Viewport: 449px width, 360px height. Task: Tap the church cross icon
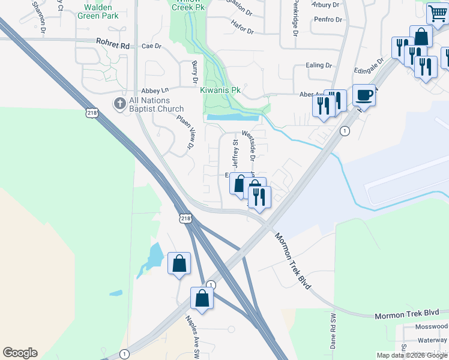tap(119, 104)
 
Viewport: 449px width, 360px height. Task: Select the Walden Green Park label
tap(99, 11)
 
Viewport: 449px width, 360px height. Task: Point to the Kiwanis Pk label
tap(220, 90)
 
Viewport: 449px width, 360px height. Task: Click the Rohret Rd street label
tap(112, 44)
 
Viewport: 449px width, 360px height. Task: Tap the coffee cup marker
tap(364, 95)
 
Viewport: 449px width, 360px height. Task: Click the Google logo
tap(20, 353)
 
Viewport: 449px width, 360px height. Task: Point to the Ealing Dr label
tap(319, 65)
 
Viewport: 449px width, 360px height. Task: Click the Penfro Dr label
tap(327, 20)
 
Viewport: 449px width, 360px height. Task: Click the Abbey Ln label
tap(151, 91)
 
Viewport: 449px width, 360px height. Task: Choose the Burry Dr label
tap(194, 72)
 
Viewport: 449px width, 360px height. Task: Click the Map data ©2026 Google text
tap(412, 355)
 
